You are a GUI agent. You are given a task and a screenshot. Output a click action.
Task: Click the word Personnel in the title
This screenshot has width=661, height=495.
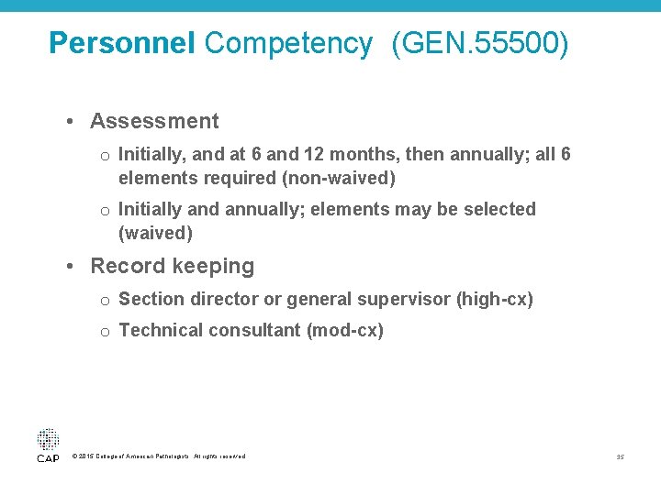point(121,43)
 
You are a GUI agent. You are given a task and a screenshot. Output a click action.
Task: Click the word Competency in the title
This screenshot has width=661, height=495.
point(288,43)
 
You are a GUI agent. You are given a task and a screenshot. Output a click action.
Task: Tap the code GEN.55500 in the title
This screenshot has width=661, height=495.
point(479,43)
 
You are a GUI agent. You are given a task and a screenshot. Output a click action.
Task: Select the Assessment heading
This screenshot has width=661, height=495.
point(154,121)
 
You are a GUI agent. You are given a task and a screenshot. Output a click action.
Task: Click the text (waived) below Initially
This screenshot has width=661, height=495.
point(156,233)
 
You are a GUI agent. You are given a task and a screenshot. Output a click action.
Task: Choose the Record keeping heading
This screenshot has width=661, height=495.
point(172,266)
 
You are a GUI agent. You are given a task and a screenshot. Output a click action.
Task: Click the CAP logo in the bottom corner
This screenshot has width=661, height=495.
point(48,444)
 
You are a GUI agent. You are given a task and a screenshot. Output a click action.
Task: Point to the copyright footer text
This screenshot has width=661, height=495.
point(158,456)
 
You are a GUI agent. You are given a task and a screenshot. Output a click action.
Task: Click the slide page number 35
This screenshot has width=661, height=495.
point(621,456)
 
